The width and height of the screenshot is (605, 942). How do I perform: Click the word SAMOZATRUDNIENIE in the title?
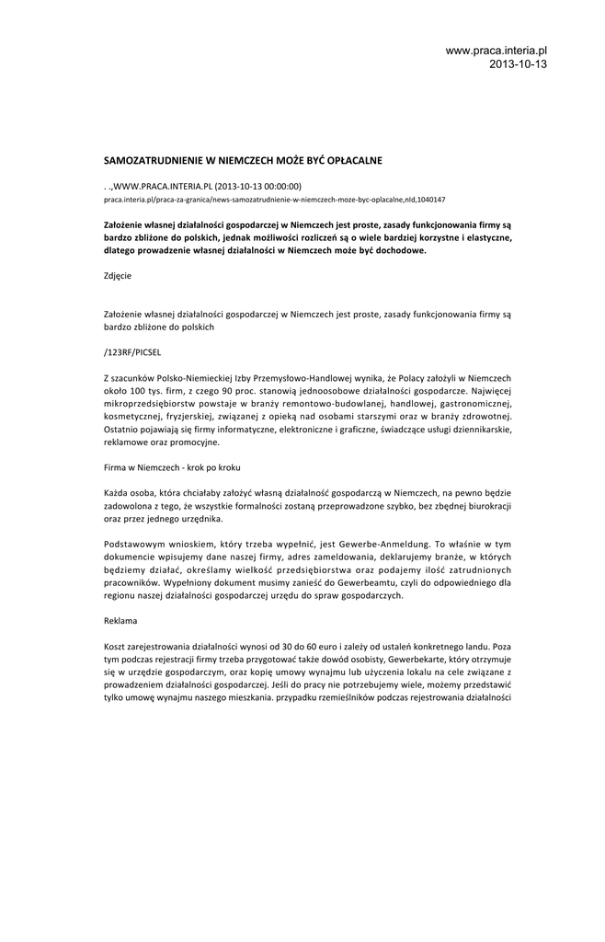pyautogui.click(x=152, y=160)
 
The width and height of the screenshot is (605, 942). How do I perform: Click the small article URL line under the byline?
pyautogui.click(x=275, y=199)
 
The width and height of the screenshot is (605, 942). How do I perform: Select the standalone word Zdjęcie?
pyautogui.click(x=118, y=274)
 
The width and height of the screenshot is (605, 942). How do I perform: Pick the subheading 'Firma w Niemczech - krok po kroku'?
pyautogui.click(x=172, y=467)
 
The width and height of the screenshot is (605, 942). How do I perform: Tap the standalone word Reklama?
pyautogui.click(x=120, y=620)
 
